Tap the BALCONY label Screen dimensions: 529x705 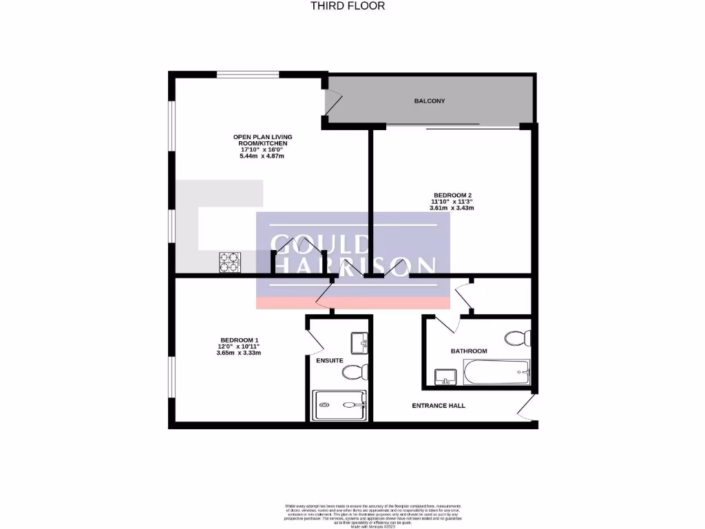point(430,101)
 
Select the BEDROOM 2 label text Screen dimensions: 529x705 point(452,194)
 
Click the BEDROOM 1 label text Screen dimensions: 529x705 point(239,340)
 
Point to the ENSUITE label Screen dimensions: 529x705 point(330,360)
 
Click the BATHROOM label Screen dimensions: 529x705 point(469,351)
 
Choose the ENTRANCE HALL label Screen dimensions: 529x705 point(439,406)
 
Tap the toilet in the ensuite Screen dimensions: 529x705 point(355,373)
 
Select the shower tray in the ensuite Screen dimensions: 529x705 point(341,405)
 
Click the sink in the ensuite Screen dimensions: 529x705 point(359,341)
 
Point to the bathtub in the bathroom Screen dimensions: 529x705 point(496,373)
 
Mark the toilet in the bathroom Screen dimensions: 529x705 point(518,338)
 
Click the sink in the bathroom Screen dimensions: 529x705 point(442,377)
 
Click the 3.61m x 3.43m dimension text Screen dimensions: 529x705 point(452,207)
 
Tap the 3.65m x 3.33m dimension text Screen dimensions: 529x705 point(238,353)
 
